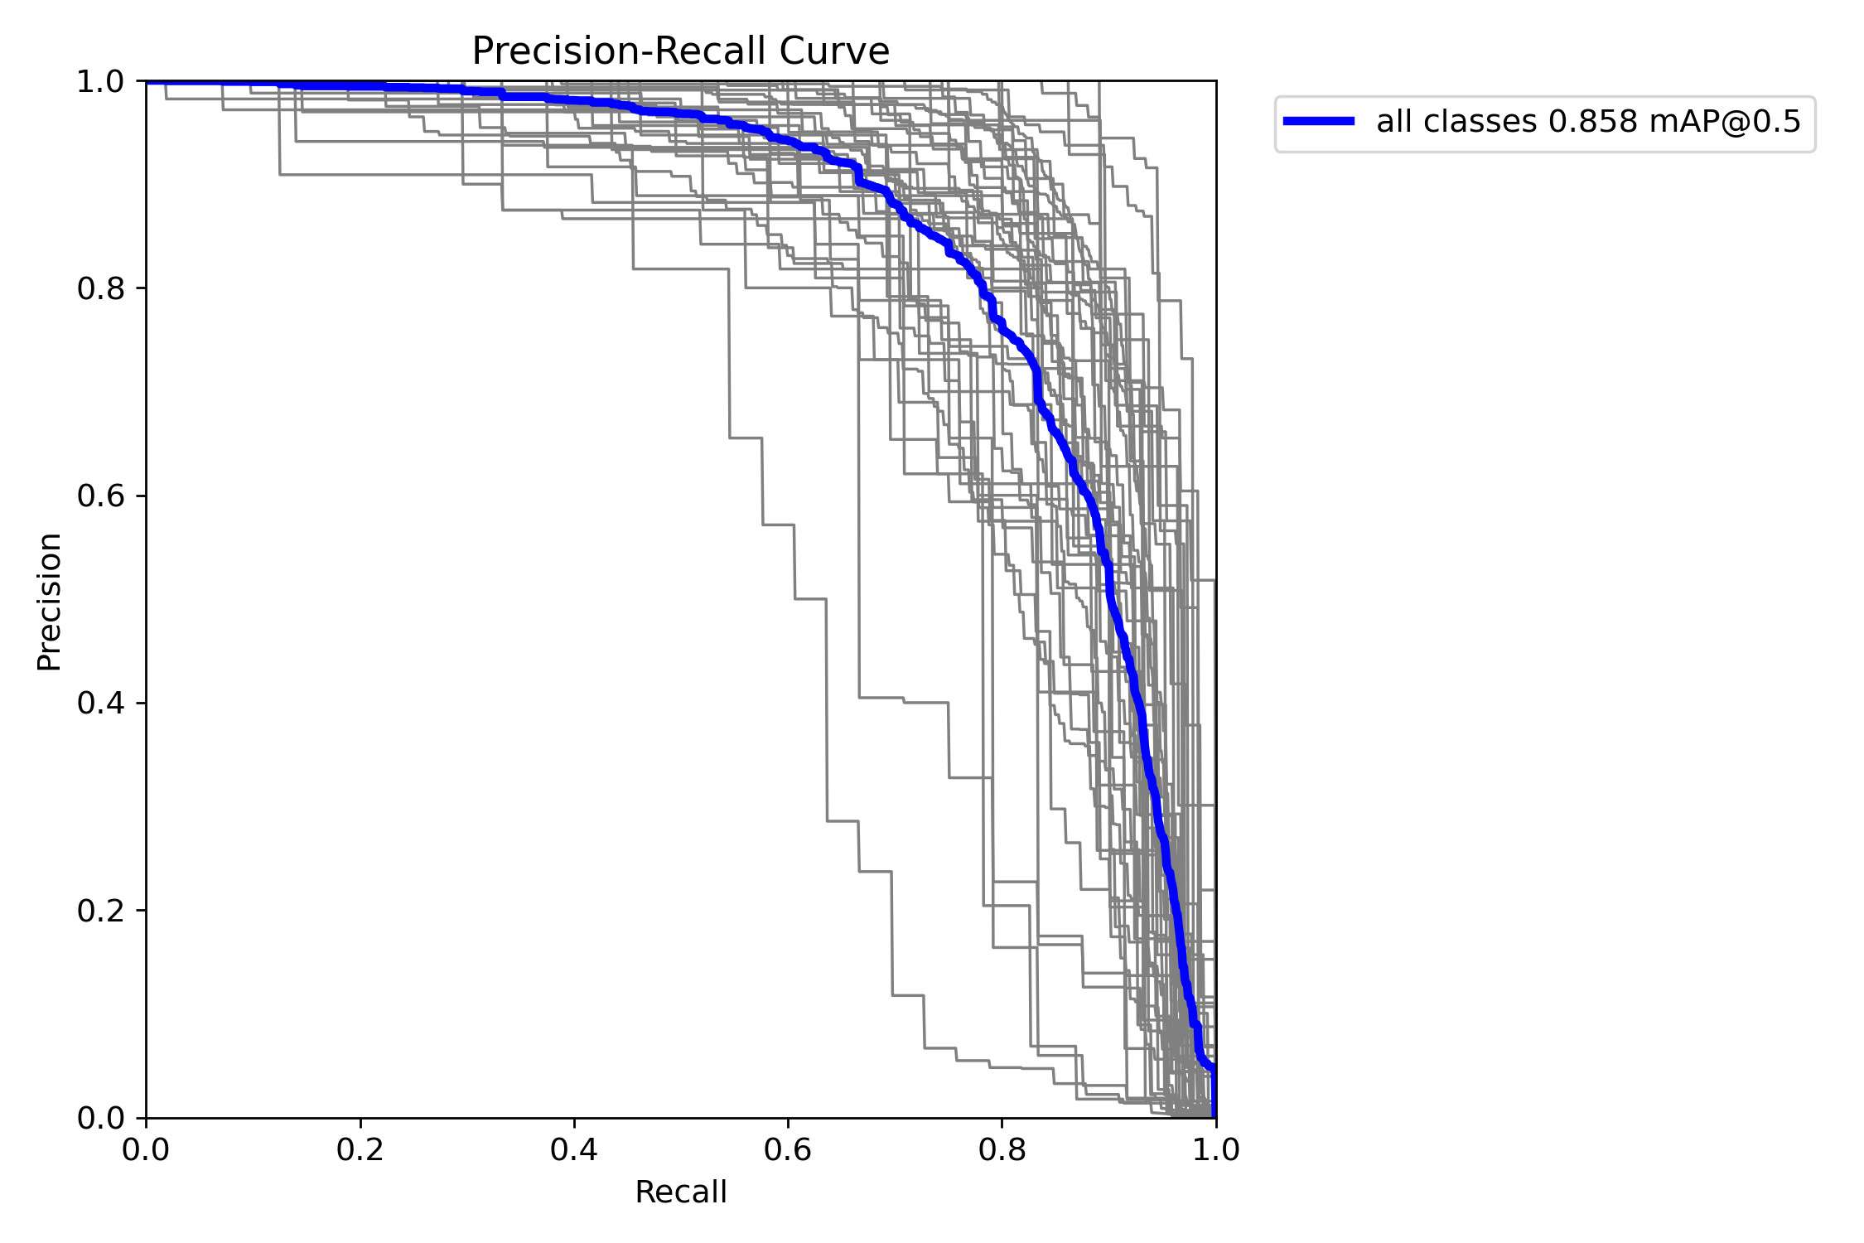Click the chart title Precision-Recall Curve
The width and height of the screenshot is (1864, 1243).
(680, 51)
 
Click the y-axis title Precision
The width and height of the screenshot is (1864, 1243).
(49, 601)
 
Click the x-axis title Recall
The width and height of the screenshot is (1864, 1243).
(680, 1192)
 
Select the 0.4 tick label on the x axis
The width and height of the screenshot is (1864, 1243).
(574, 1150)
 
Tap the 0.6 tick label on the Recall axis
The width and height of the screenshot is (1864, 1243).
(788, 1150)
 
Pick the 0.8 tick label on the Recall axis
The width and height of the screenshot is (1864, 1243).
(1002, 1150)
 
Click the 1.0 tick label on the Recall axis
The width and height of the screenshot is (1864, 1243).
(1215, 1150)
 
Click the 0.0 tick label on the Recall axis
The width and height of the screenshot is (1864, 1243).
(147, 1150)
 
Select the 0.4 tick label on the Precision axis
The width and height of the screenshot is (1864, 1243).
(100, 704)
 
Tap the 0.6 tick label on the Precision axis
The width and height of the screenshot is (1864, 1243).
(100, 496)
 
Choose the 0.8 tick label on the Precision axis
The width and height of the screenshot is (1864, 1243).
(100, 289)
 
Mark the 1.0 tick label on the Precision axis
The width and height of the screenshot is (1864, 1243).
(100, 82)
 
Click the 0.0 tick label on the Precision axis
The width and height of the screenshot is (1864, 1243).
(100, 1118)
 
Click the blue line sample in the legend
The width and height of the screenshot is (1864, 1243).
(1319, 121)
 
